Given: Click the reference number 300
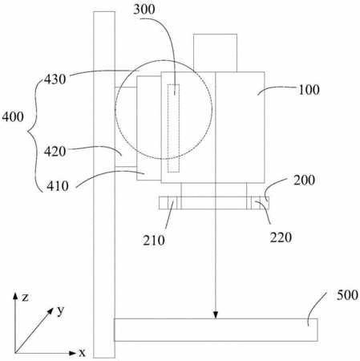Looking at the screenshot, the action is pyautogui.click(x=144, y=10).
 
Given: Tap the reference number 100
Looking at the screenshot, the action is pyautogui.click(x=309, y=90).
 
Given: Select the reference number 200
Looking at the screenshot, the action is pyautogui.click(x=304, y=180).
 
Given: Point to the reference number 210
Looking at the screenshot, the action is pyautogui.click(x=154, y=241).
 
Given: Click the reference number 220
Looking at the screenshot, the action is pyautogui.click(x=281, y=237).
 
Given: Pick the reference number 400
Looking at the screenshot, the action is pyautogui.click(x=13, y=117).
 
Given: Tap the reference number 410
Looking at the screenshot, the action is pyautogui.click(x=58, y=186).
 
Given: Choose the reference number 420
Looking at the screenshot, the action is pyautogui.click(x=55, y=152).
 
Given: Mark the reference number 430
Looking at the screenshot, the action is pyautogui.click(x=55, y=79).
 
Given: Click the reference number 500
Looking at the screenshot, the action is pyautogui.click(x=347, y=295).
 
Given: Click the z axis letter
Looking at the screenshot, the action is pyautogui.click(x=25, y=298).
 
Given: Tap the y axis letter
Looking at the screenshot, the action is pyautogui.click(x=61, y=311).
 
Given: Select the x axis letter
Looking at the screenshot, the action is pyautogui.click(x=82, y=353).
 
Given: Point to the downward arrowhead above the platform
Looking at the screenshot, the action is pyautogui.click(x=216, y=315).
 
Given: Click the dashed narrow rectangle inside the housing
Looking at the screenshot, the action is pyautogui.click(x=173, y=128).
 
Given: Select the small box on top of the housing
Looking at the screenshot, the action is pyautogui.click(x=215, y=53).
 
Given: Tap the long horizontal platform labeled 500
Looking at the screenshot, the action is pyautogui.click(x=216, y=330).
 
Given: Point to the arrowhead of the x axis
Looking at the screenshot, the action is pyautogui.click(x=73, y=353).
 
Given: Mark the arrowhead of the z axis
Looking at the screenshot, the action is pyautogui.click(x=15, y=296).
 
